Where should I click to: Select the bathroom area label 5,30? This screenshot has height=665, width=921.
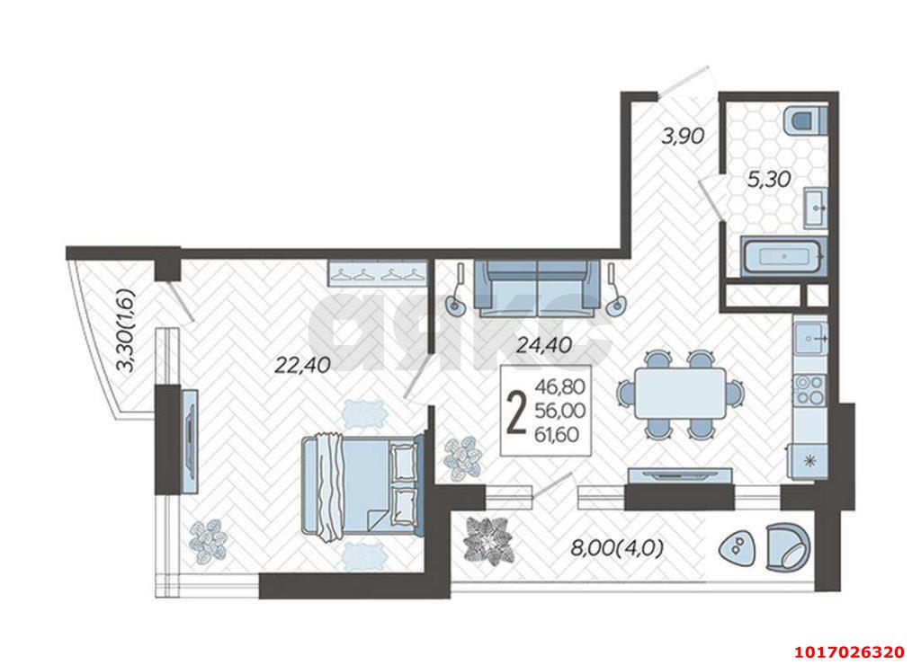(x=769, y=179)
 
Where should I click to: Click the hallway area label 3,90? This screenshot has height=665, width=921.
(x=682, y=137)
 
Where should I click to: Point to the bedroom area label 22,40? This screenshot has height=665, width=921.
(x=303, y=363)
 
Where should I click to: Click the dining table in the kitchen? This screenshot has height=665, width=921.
(x=681, y=394)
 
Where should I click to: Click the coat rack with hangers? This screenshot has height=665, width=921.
(x=376, y=270)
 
